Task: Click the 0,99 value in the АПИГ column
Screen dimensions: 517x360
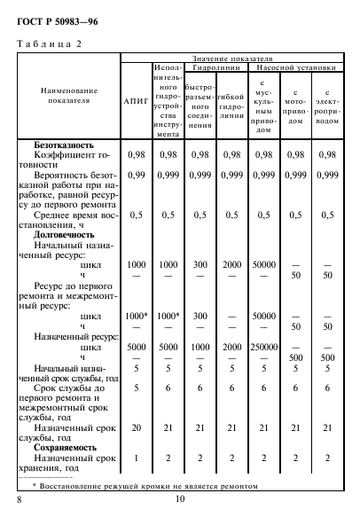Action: tap(137, 175)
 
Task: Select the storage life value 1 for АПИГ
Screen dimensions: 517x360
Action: tap(137, 458)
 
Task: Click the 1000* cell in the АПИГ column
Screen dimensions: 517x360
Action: tap(137, 315)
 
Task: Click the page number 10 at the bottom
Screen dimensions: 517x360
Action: tap(179, 501)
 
